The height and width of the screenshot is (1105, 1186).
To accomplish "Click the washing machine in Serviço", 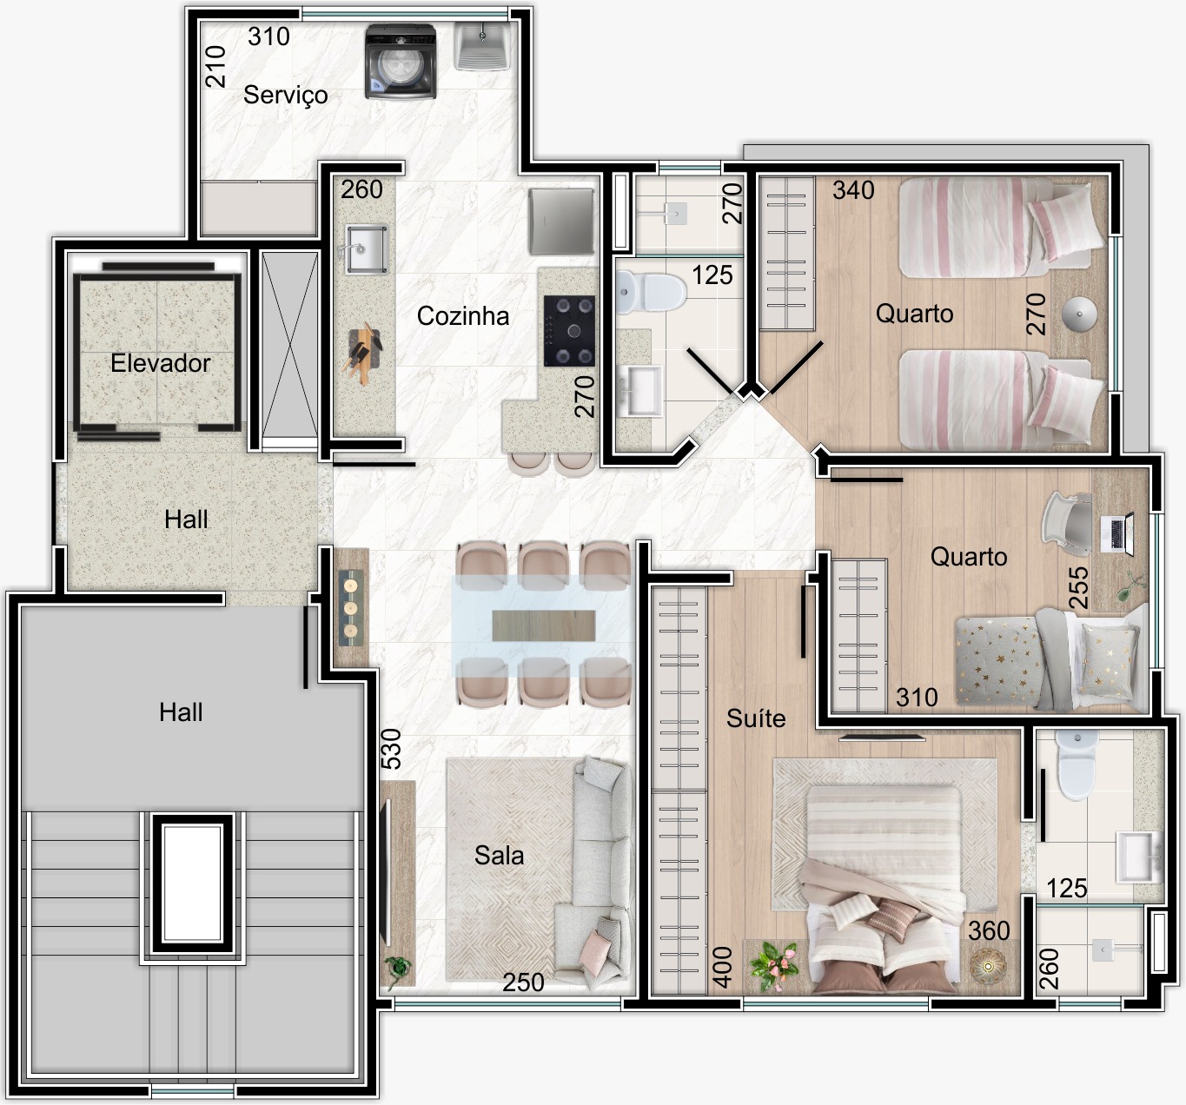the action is coord(400,62).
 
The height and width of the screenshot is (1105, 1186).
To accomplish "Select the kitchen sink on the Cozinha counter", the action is coord(366,249).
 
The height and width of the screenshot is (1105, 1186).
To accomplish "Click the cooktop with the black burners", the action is coord(569,331).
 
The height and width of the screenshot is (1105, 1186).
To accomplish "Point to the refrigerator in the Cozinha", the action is coord(561,221).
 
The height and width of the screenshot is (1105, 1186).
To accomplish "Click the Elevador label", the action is coord(160,363).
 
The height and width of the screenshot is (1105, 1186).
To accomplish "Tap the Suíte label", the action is coord(755,718).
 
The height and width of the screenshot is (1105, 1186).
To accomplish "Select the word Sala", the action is coord(499,856).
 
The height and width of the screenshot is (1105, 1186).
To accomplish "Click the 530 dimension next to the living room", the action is coord(391,749).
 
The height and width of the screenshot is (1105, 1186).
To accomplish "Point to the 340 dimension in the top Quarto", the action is coord(853,190).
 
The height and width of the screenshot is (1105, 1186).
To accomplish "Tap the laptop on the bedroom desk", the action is coord(1117,533).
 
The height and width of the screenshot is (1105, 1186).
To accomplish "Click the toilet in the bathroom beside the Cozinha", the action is coord(649,293).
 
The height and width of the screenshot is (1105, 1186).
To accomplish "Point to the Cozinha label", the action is coord(463,316).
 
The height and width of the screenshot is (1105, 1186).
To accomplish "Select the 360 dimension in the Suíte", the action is coord(989,930).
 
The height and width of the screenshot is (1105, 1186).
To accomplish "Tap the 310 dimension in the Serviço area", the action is coord(268,36).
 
